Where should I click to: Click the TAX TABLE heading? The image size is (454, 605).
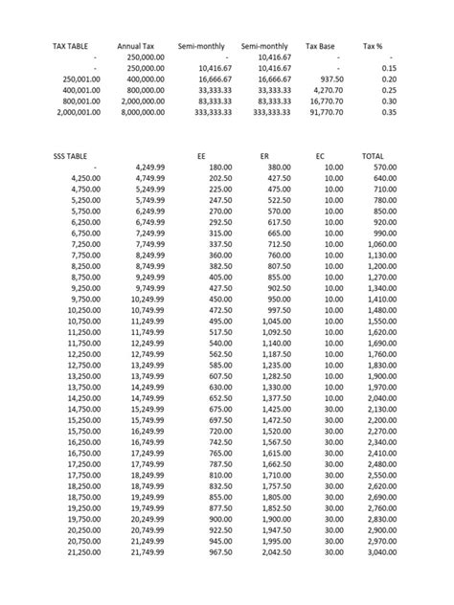(73, 46)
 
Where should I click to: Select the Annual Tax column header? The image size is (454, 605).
(136, 46)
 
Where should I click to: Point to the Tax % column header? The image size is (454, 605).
(375, 46)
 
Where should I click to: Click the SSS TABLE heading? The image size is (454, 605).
(73, 155)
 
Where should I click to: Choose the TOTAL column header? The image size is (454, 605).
(374, 155)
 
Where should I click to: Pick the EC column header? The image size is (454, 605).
(320, 155)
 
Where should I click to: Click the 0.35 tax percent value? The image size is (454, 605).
(388, 112)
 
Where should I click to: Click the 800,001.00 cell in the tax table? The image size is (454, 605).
(78, 101)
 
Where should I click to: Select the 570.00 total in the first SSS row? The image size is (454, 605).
(385, 167)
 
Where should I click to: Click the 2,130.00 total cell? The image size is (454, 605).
(380, 409)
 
